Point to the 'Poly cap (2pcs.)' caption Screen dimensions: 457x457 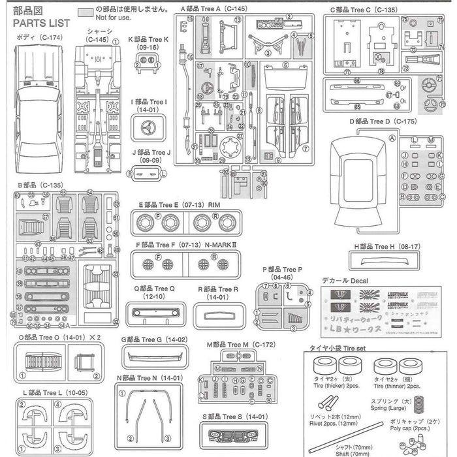426,428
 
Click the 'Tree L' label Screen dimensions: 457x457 43,391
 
